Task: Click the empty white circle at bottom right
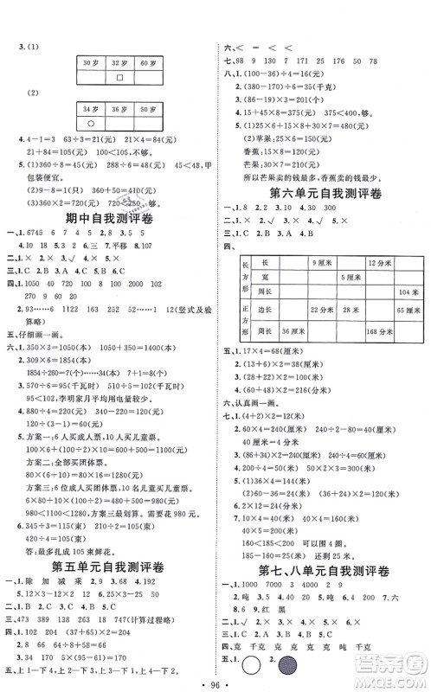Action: click(254, 680)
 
